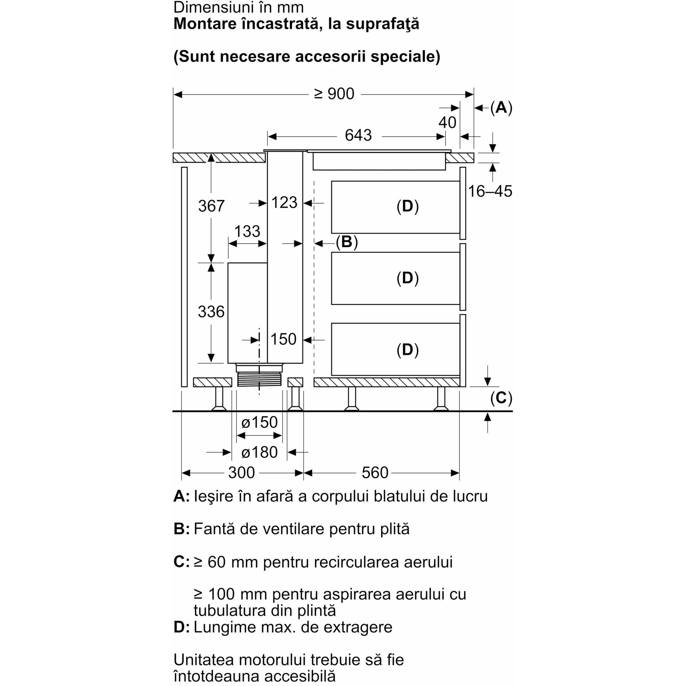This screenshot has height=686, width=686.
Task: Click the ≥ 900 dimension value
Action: click(x=334, y=94)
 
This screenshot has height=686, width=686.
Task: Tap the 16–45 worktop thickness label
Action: click(x=490, y=191)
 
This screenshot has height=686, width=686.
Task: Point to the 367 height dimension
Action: click(x=211, y=206)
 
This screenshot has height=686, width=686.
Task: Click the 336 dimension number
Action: click(x=211, y=312)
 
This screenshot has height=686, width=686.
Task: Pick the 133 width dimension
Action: click(x=247, y=231)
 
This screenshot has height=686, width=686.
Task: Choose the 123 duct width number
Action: click(x=284, y=203)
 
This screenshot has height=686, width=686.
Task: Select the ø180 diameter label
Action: click(x=259, y=452)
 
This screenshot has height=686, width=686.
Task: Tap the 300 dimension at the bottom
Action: click(x=241, y=473)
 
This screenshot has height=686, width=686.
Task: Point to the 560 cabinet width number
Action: click(x=375, y=473)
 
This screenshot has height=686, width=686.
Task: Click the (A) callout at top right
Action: click(x=501, y=107)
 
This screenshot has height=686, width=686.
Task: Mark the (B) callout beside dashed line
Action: click(x=346, y=242)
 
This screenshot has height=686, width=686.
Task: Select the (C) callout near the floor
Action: click(x=501, y=398)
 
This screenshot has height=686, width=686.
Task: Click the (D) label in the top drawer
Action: click(x=408, y=206)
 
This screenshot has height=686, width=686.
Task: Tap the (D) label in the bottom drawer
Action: click(x=408, y=350)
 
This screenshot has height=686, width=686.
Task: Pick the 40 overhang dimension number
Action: click(x=447, y=122)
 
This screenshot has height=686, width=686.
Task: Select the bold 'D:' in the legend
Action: click(x=182, y=628)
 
